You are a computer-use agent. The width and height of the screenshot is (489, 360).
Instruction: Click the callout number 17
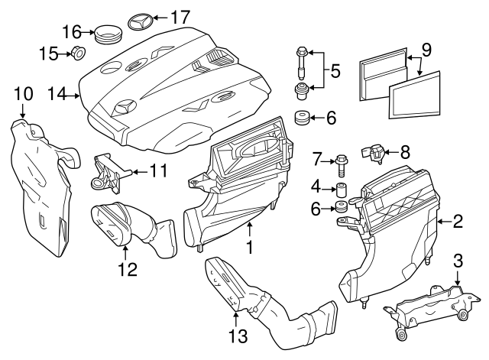point(180,16)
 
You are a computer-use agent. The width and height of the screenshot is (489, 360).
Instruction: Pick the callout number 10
point(23,95)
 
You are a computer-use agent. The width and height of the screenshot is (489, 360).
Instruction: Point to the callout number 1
point(248,248)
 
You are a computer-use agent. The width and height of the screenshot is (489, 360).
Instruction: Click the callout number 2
point(457,222)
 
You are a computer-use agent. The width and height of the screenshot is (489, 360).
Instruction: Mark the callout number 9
point(426,50)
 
